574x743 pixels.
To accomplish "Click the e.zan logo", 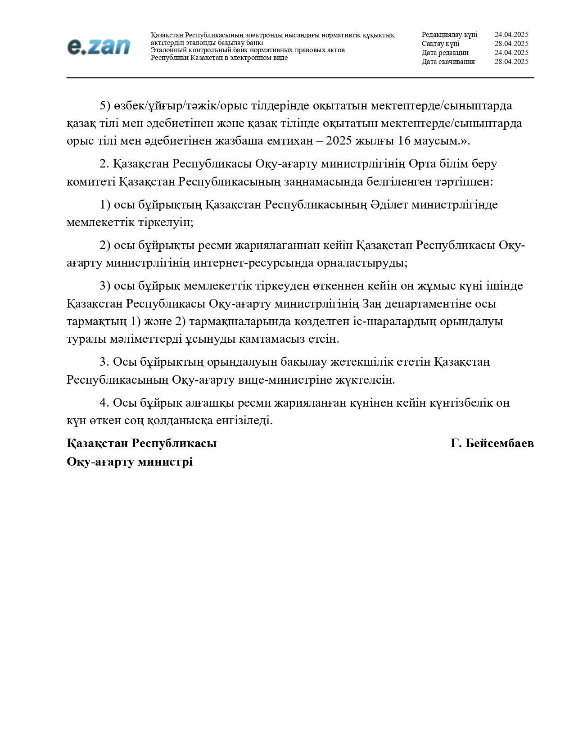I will [x=99, y=46].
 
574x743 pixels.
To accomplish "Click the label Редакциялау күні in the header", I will [x=449, y=35].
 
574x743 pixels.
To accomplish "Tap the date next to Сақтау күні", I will [x=511, y=44].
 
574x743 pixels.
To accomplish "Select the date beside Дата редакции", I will [x=511, y=53].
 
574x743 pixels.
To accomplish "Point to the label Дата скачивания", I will [x=448, y=62].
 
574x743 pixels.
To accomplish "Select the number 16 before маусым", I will [x=404, y=141].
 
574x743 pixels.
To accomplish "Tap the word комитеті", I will [x=91, y=182].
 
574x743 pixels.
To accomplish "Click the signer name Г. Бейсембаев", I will [x=492, y=444].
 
